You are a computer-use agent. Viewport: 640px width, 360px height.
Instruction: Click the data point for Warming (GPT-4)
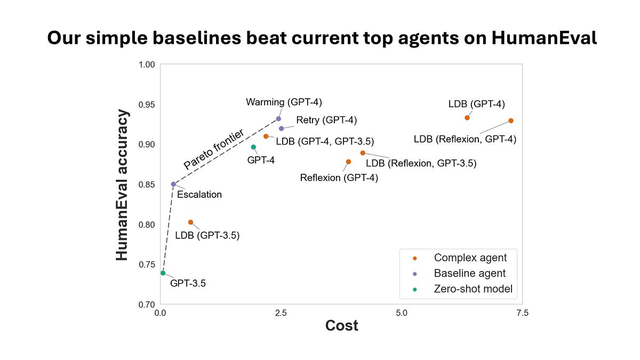click(278, 118)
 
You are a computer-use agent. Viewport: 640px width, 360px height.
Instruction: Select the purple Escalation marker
click(173, 184)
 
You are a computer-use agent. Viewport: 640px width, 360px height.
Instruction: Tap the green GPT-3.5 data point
click(163, 273)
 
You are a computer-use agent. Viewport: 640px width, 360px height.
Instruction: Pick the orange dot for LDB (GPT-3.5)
click(190, 222)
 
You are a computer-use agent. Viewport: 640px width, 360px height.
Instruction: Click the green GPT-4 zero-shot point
click(253, 147)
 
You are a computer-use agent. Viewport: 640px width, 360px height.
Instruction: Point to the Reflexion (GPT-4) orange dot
click(348, 162)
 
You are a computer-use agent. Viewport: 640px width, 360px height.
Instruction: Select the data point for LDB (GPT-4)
click(467, 118)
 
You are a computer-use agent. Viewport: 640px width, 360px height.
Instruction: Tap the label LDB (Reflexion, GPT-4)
click(465, 140)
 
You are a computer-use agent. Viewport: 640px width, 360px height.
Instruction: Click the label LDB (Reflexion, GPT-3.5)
click(421, 163)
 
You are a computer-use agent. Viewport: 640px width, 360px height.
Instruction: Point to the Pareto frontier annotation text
click(213, 149)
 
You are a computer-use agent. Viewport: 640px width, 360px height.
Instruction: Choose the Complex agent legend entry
click(470, 258)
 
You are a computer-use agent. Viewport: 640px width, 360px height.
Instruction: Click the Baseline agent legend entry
click(469, 274)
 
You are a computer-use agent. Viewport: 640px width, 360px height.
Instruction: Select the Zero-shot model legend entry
click(473, 289)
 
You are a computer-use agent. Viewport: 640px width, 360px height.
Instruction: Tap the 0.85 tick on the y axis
click(147, 185)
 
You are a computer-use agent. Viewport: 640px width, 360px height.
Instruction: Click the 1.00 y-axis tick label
click(147, 65)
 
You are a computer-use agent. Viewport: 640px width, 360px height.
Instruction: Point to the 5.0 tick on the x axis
click(402, 314)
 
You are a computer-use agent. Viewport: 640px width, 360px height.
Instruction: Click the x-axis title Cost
click(341, 326)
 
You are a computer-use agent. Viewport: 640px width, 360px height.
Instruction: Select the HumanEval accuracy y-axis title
click(123, 185)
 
